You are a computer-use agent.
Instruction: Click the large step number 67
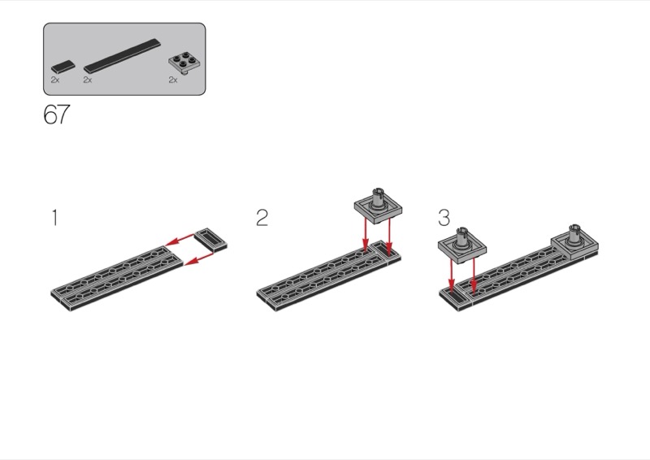pyautogui.click(x=57, y=114)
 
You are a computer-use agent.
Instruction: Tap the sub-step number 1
pyautogui.click(x=54, y=218)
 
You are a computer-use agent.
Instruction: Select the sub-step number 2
pyautogui.click(x=262, y=218)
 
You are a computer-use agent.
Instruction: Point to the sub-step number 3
pyautogui.click(x=444, y=218)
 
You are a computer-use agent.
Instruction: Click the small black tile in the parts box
pyautogui.click(x=63, y=67)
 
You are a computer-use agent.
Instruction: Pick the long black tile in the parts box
pyautogui.click(x=122, y=56)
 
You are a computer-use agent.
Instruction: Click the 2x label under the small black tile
pyautogui.click(x=55, y=80)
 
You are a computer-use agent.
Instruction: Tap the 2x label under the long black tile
pyautogui.click(x=88, y=80)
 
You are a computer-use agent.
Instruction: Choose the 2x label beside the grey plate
pyautogui.click(x=173, y=80)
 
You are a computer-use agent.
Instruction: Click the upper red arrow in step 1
pyautogui.click(x=179, y=240)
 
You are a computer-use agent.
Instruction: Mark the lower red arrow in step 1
pyautogui.click(x=198, y=258)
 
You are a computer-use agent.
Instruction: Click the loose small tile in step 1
pyautogui.click(x=211, y=241)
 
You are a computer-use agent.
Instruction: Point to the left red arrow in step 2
pyautogui.click(x=365, y=234)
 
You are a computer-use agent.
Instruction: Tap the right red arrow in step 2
pyautogui.click(x=389, y=237)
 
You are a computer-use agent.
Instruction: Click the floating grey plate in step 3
pyautogui.click(x=462, y=246)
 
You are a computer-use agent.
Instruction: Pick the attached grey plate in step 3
pyautogui.click(x=575, y=243)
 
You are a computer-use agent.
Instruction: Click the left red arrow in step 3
pyautogui.click(x=452, y=275)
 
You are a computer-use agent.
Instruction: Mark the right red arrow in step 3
pyautogui.click(x=474, y=275)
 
